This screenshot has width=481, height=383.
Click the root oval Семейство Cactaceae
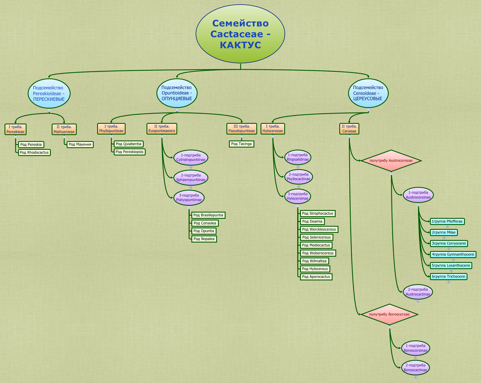pos(240,34)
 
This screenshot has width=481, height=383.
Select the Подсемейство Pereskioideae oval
pos(49,93)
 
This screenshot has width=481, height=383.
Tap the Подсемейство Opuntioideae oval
pos(177,93)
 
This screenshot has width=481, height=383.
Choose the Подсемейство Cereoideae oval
pos(368,93)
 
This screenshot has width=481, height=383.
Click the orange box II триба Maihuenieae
pos(64,129)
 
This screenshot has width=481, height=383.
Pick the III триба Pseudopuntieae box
pos(242,129)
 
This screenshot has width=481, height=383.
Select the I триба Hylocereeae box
pos(273,129)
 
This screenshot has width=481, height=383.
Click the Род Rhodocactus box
pos(34,153)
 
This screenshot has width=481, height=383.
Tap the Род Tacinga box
pos(241,144)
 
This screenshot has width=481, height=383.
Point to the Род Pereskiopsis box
pos(130,152)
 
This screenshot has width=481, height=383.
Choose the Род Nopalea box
pos(204,239)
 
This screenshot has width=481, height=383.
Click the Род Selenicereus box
pos(316,237)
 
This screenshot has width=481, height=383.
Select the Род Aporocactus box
pos(316,277)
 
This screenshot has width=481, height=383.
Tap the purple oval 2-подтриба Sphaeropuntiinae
pos(191,178)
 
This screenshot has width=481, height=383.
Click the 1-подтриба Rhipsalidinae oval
pos(298,157)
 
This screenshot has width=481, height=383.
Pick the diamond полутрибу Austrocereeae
pos(391,161)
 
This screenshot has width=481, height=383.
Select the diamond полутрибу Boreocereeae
pos(389,314)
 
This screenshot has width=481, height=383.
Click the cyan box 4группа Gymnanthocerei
pos(453,254)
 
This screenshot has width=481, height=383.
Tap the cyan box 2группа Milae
pos(444,232)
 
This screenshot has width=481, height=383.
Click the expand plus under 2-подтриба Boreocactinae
pos(416,377)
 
